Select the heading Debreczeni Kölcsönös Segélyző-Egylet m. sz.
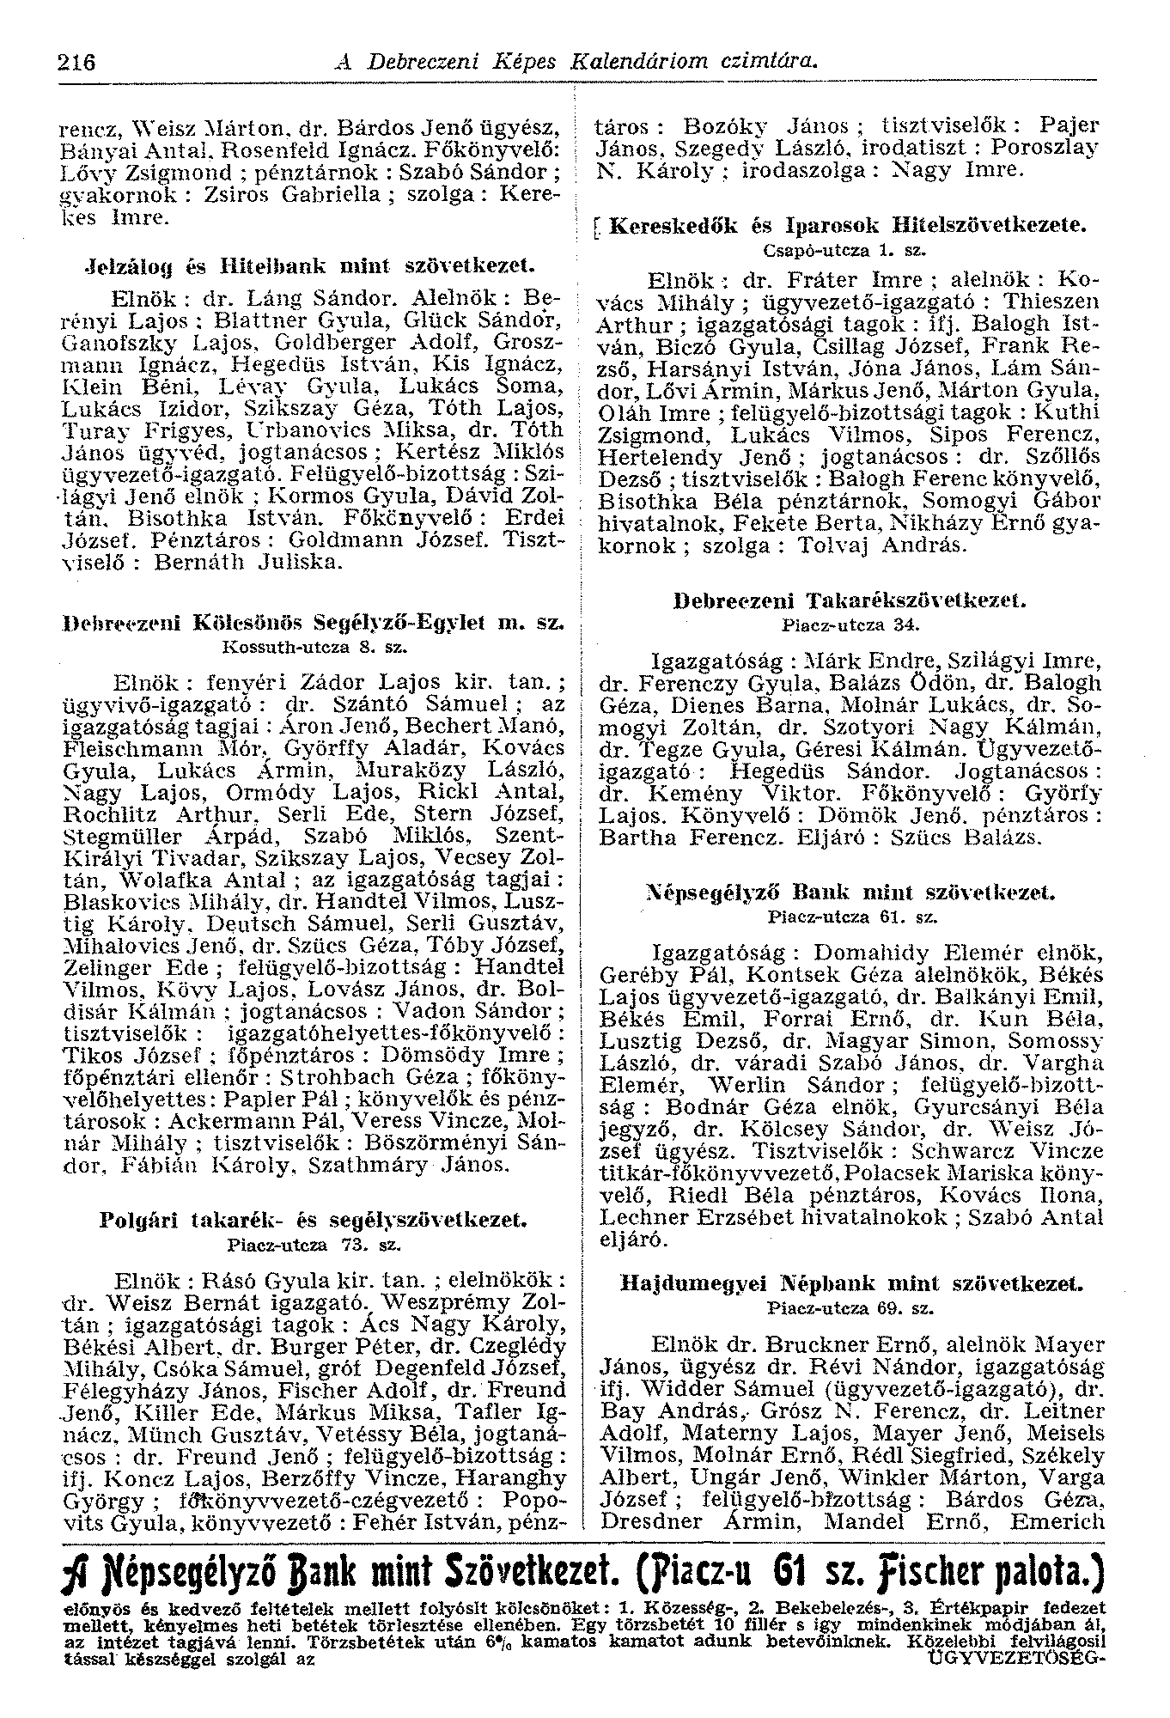click(314, 621)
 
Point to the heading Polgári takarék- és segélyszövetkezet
click(314, 1219)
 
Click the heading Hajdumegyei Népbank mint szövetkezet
click(851, 1284)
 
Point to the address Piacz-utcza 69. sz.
click(850, 1308)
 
